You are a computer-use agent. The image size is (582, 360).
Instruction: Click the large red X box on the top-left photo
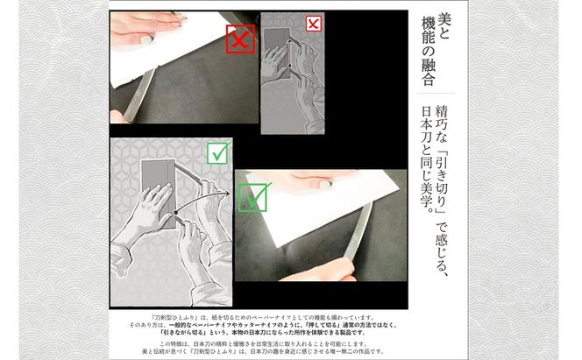pyautogui.click(x=241, y=39)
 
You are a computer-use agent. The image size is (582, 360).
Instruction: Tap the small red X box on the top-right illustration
pyautogui.click(x=313, y=24)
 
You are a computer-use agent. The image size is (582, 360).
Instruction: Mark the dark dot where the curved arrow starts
pyautogui.click(x=175, y=212)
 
